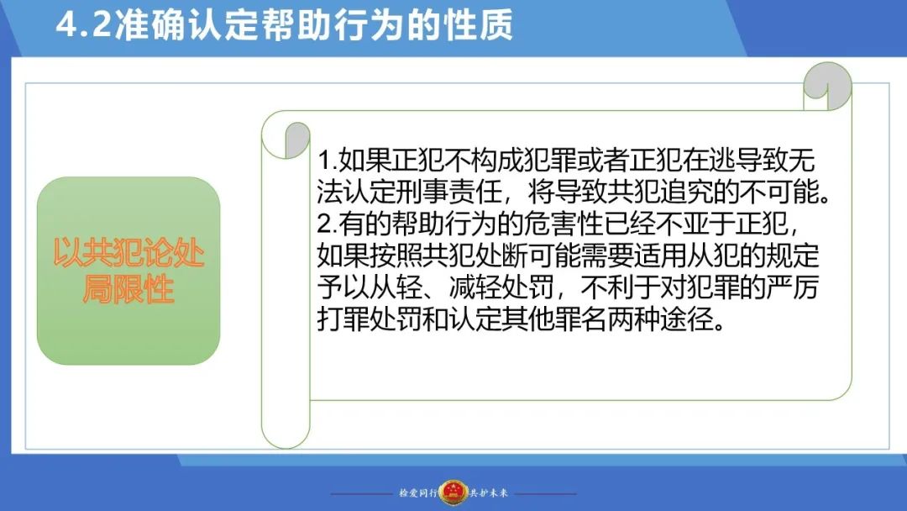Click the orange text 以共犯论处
128,253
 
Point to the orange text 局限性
128,288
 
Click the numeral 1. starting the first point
327,161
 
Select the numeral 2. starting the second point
328,224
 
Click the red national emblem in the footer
453,493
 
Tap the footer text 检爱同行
417,493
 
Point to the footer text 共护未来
489,493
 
